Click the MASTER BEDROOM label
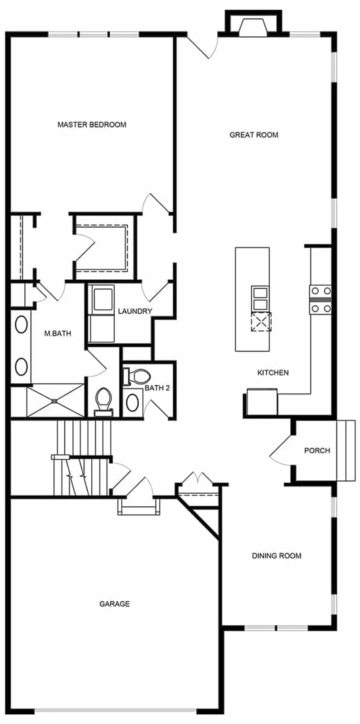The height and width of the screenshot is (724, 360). (x=92, y=124)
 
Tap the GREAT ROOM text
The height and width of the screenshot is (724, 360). (x=254, y=135)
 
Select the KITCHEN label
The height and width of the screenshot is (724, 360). (x=273, y=372)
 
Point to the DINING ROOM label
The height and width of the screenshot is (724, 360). (x=276, y=556)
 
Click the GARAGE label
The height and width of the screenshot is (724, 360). (x=114, y=603)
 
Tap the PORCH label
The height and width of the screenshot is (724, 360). (x=317, y=451)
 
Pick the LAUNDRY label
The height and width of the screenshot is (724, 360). (x=135, y=311)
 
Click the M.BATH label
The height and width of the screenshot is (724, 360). (x=58, y=333)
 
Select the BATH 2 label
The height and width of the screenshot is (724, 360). (x=157, y=388)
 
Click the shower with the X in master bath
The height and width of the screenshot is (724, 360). (x=55, y=401)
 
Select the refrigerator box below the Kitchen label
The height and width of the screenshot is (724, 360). (x=262, y=402)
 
